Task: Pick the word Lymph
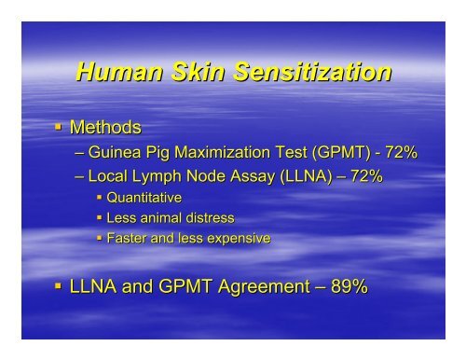[x=160, y=176]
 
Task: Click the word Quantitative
[x=144, y=198]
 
